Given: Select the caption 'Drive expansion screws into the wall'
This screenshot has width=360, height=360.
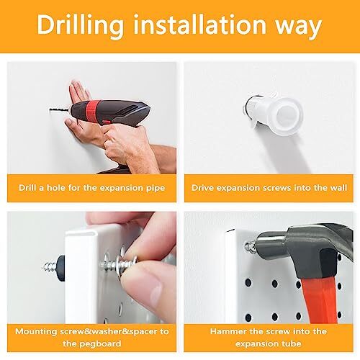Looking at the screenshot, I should (269, 187).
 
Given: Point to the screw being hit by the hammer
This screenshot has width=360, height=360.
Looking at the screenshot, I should (252, 247).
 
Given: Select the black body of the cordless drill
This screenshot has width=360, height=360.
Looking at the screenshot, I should (133, 115).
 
